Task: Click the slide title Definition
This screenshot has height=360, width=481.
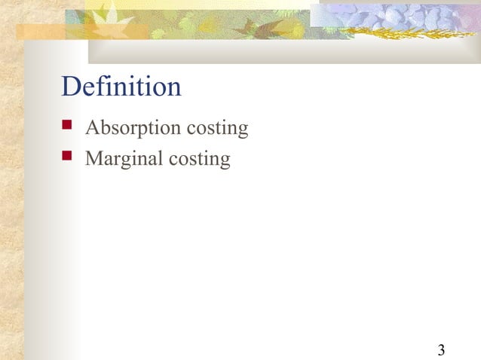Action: tap(121, 87)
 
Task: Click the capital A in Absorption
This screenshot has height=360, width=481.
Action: tap(93, 128)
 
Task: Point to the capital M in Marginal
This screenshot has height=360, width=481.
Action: tap(94, 159)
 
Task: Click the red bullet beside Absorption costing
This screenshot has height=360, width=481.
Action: tap(68, 126)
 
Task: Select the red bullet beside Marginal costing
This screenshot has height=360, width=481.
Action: tap(68, 157)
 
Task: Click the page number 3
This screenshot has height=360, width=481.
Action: tap(440, 349)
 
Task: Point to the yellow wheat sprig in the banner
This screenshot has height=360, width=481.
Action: tap(392, 32)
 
